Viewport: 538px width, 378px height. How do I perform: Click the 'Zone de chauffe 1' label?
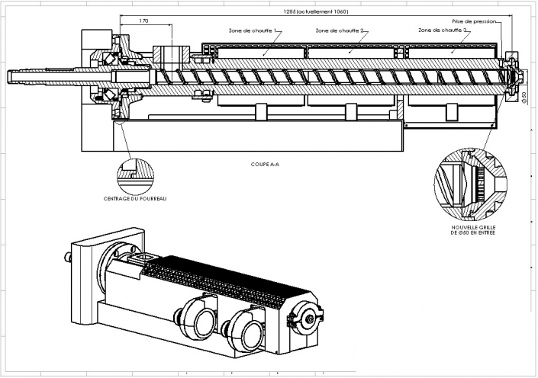(x=252, y=31)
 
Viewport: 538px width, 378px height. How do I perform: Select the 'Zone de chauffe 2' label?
(x=340, y=31)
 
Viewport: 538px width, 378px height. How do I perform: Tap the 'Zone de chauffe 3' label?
(x=443, y=30)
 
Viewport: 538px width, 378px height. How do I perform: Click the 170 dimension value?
(x=144, y=21)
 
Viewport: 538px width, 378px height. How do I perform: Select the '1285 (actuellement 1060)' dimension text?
(x=315, y=12)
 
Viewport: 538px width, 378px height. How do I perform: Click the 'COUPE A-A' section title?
(x=264, y=164)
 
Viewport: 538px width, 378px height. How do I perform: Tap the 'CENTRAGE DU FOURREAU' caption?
(x=135, y=199)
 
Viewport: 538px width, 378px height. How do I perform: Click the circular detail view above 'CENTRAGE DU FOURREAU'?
(x=135, y=173)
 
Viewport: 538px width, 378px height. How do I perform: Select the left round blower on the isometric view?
(x=194, y=319)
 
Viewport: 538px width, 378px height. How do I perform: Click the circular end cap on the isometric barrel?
(x=309, y=319)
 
